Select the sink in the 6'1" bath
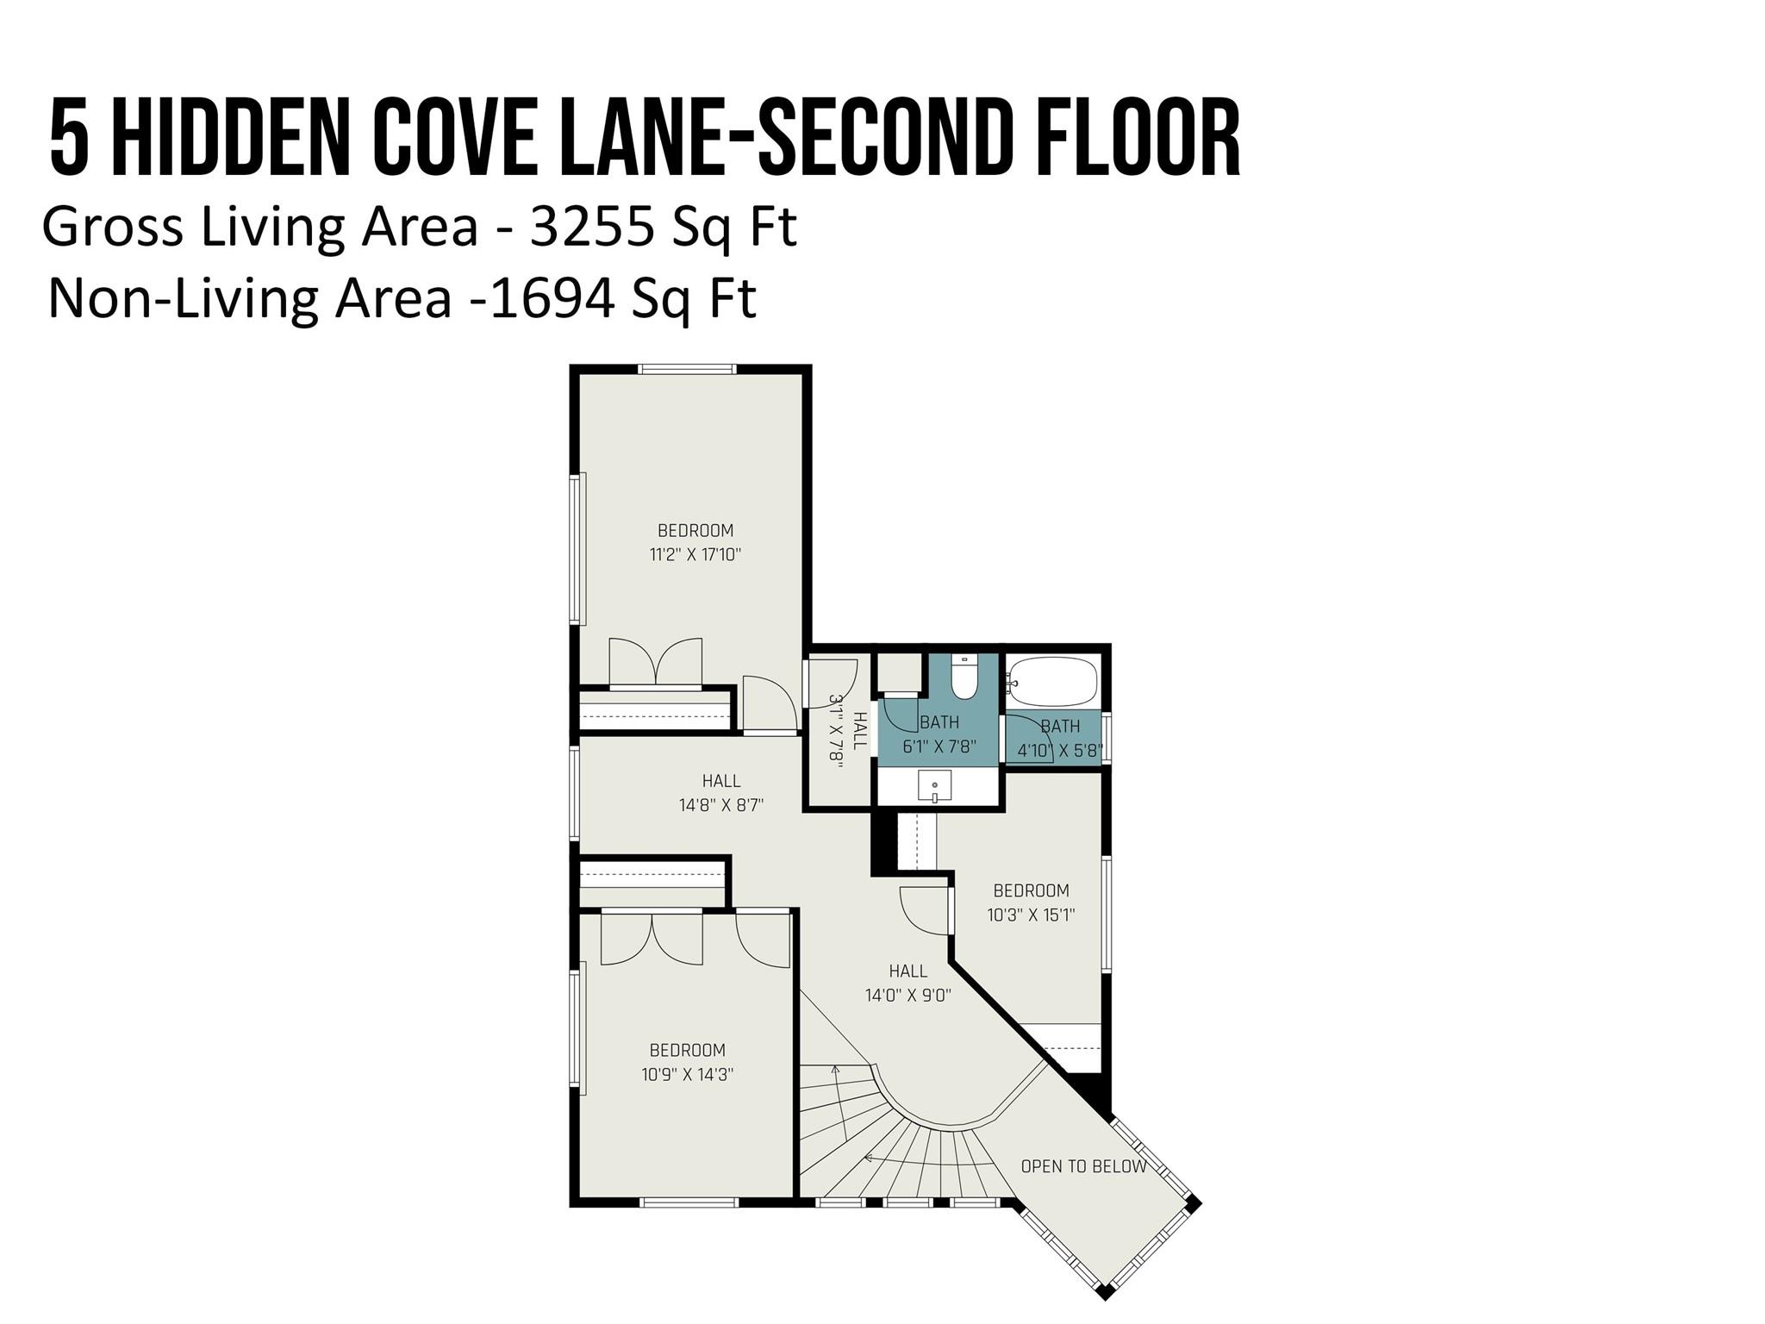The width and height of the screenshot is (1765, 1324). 934,787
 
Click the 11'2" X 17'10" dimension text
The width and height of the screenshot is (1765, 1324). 695,554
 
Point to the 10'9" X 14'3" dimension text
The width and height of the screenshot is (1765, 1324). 687,1074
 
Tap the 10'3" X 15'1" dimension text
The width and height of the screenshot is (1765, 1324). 1031,915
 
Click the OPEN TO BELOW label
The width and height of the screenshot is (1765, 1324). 1083,1166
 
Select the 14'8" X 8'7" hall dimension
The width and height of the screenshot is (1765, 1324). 721,805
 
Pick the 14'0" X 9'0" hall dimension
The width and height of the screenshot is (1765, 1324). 907,996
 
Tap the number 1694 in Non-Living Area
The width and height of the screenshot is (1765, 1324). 552,298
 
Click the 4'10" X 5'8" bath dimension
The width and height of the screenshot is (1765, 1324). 1059,751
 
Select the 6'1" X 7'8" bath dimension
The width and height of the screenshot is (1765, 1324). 939,746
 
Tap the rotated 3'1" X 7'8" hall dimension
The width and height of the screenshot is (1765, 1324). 835,728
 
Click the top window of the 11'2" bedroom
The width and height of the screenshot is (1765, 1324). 687,369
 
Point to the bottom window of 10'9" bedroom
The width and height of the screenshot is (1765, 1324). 689,1202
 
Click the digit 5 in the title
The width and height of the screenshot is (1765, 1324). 69,138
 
